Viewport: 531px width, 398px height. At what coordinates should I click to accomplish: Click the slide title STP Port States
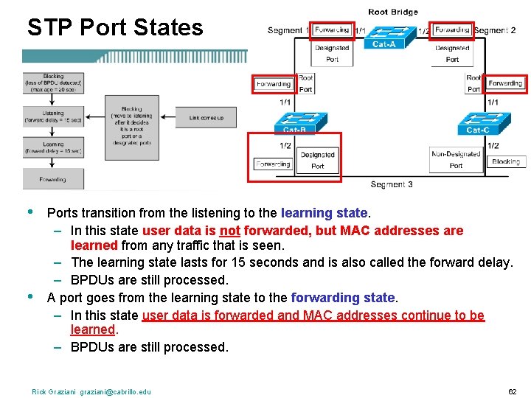point(114,27)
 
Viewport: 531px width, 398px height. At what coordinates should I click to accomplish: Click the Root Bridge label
point(392,12)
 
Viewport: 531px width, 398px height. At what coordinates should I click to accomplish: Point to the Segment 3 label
point(392,184)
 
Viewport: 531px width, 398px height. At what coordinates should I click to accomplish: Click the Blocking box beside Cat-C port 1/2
point(506,161)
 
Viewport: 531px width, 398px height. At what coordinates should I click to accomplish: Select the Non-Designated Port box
point(456,160)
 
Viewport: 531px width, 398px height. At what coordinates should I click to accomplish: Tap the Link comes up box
point(206,118)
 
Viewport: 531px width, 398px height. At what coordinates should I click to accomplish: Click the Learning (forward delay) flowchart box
point(53,147)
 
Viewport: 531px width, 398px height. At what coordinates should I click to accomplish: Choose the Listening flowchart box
point(53,117)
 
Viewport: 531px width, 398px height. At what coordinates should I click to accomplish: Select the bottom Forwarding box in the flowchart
point(53,178)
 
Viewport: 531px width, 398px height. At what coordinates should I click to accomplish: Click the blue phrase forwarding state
point(344,298)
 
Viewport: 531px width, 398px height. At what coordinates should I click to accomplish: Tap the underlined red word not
point(229,231)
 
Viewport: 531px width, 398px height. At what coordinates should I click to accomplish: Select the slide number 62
point(512,391)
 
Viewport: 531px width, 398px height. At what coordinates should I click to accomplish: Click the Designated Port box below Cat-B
point(317,160)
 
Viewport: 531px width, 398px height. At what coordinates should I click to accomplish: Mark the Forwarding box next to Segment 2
point(452,30)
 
